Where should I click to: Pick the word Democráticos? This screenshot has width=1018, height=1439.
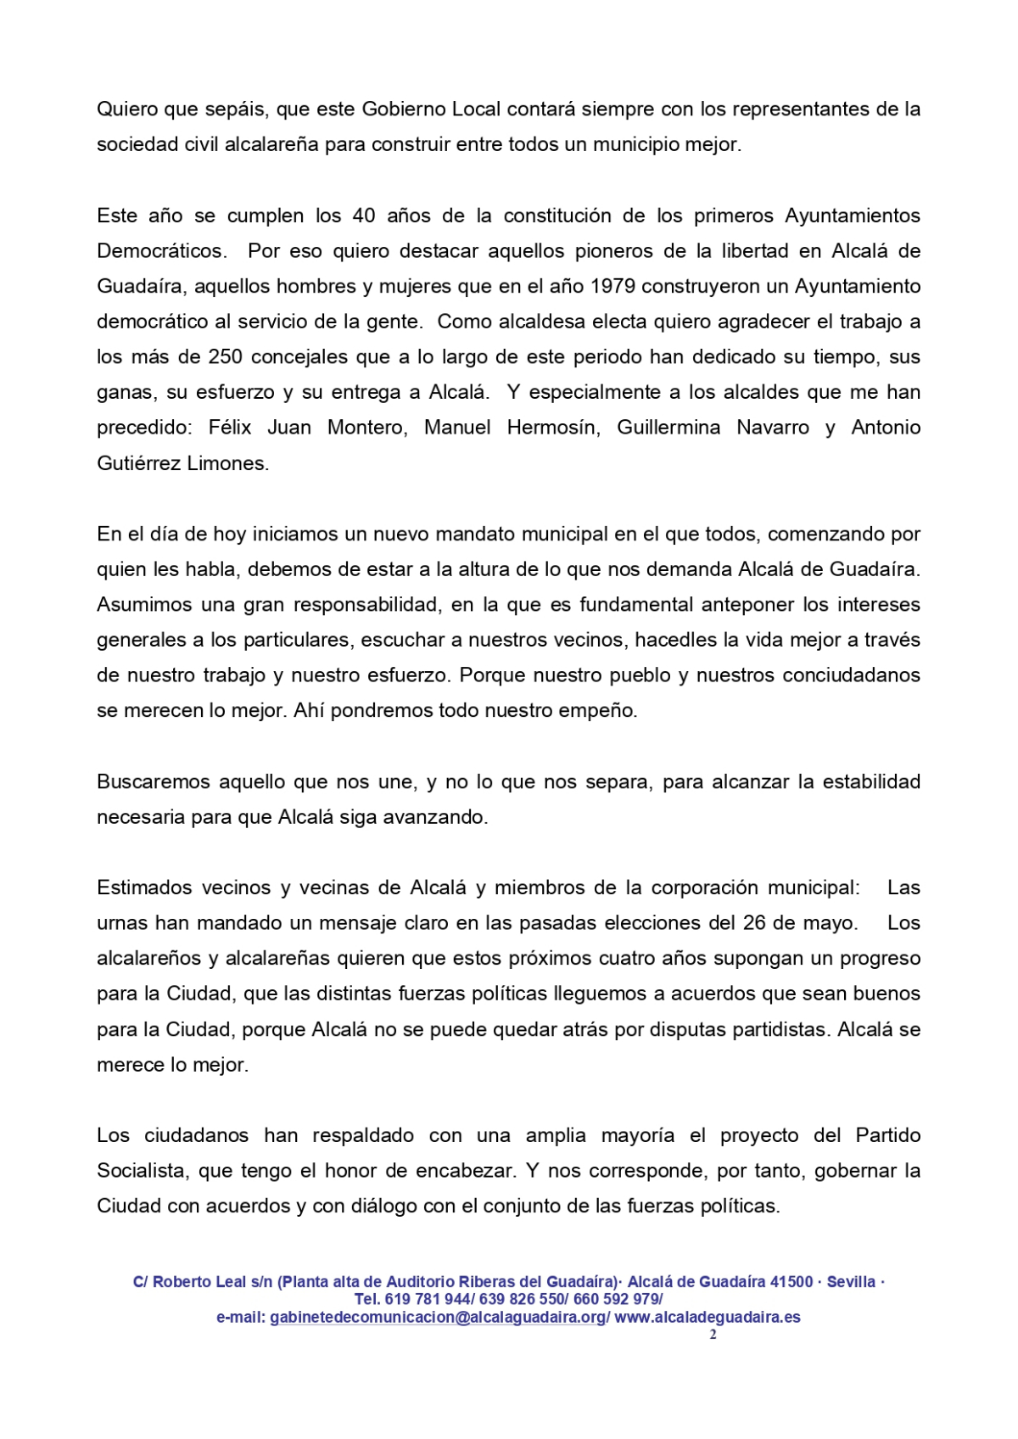tap(161, 251)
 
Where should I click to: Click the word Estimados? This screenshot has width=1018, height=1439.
tap(143, 888)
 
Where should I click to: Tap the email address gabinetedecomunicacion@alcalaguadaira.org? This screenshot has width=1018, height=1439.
tap(439, 1318)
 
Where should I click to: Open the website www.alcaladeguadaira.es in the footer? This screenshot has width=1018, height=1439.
tap(707, 1318)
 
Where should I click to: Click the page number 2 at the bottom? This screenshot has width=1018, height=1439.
tap(713, 1335)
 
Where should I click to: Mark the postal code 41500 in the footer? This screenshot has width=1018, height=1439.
tap(791, 1282)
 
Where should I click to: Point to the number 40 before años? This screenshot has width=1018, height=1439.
tap(363, 216)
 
